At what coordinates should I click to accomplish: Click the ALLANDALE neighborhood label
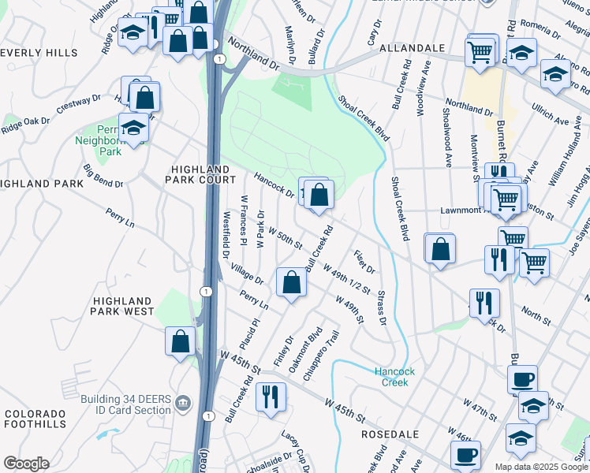412,48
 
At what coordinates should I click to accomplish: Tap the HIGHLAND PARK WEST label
122,307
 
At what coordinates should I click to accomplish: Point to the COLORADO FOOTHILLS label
35,419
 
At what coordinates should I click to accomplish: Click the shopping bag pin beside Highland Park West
181,341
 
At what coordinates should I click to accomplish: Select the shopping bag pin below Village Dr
291,281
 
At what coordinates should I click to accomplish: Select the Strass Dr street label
381,307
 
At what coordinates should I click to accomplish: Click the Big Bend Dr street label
103,176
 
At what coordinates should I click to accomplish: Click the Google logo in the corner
25,464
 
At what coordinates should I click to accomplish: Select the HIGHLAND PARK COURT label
201,175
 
